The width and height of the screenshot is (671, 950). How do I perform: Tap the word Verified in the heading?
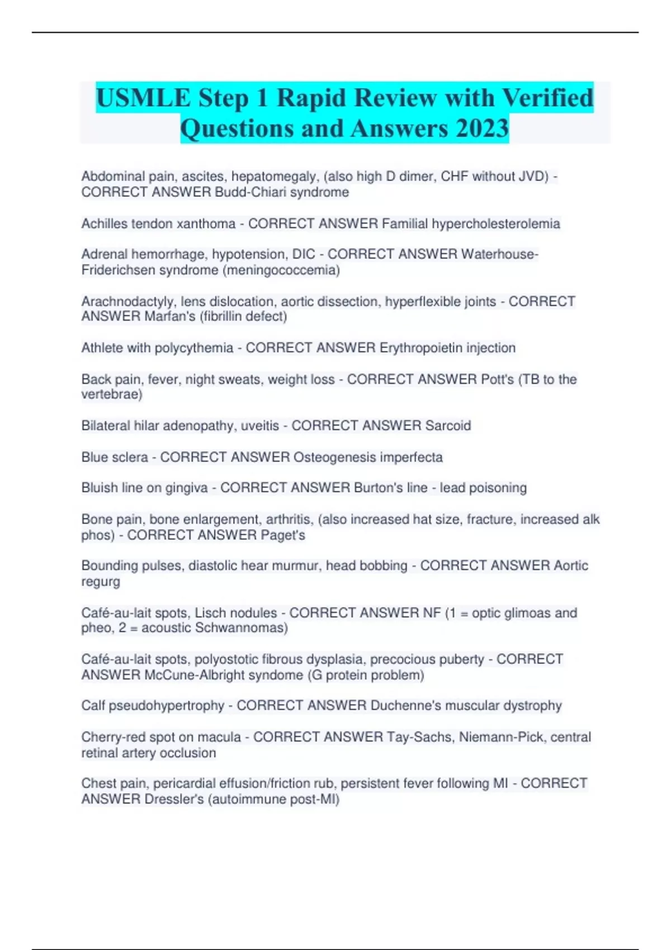(x=547, y=98)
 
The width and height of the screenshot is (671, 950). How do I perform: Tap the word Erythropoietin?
(x=417, y=348)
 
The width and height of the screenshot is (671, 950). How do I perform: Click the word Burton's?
(x=378, y=488)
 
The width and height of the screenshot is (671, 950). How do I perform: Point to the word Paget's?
(x=283, y=535)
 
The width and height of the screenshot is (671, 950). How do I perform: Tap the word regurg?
(x=101, y=582)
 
